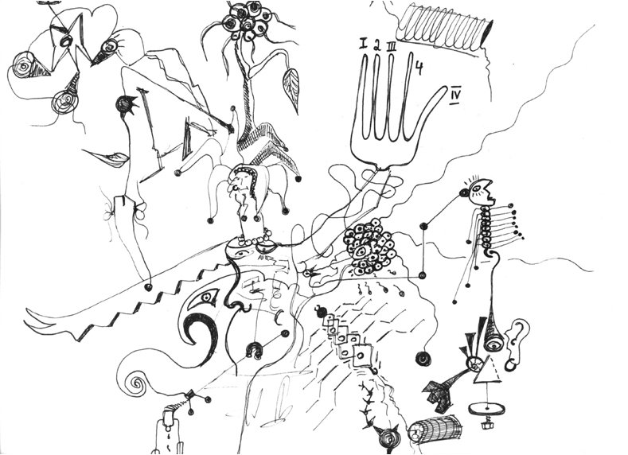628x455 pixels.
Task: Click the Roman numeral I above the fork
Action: pos(363,43)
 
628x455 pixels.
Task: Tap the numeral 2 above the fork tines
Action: pos(377,45)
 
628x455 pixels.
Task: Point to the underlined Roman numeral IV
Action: pos(455,95)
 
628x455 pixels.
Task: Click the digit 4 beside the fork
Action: pos(419,68)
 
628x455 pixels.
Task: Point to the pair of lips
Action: pos(107,157)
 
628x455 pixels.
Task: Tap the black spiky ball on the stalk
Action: pos(126,105)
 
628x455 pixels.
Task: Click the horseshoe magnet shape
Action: pos(255,350)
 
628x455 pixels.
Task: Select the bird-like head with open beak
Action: pos(483,191)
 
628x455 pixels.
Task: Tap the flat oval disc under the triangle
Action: pos(487,408)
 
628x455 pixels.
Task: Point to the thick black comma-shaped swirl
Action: pos(201,332)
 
